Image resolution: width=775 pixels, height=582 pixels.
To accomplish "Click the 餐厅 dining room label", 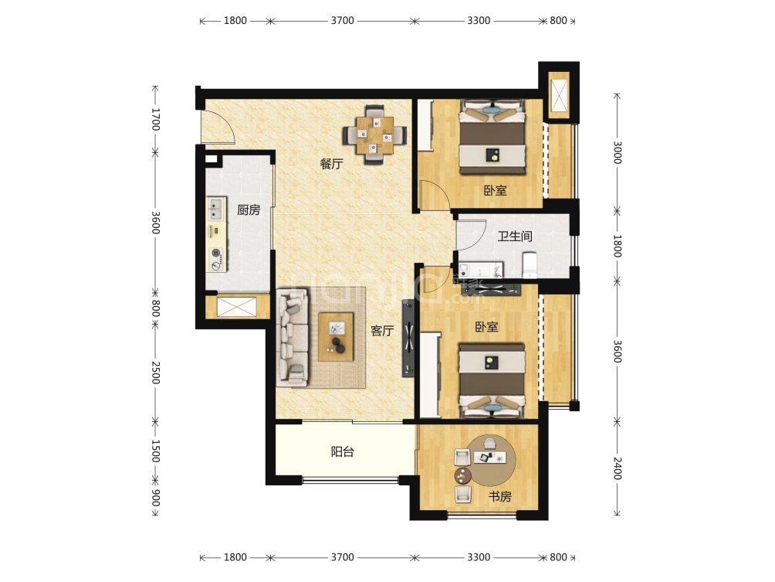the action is tap(331, 164).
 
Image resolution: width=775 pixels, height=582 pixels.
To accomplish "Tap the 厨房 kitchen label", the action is tap(248, 209).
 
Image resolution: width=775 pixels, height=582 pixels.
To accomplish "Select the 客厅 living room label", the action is tap(382, 331).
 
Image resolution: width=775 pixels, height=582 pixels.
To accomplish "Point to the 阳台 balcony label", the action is tap(343, 451).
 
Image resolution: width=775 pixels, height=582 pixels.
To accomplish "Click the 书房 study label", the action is tap(499, 496).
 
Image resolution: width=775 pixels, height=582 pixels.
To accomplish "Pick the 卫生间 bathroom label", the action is tap(515, 236).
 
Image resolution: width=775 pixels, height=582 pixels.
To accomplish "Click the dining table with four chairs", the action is tap(375, 134).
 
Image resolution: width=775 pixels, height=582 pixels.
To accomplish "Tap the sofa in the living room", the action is tap(293, 338).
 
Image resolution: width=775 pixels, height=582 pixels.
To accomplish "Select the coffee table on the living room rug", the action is tap(336, 336).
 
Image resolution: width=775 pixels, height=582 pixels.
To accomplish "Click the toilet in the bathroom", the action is tap(530, 266).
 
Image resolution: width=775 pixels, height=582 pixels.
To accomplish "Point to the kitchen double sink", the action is tap(215, 209).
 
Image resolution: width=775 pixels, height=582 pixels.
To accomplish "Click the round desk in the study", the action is tap(491, 461).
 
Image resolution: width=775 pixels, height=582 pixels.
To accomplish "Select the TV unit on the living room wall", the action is tap(408, 338).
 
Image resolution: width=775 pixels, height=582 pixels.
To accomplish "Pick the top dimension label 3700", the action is tap(343, 21).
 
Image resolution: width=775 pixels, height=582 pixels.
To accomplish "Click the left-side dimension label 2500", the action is tap(156, 373).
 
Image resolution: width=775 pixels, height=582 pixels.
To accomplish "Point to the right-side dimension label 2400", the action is tap(618, 468).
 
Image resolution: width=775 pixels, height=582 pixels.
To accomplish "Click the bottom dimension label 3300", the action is tap(479, 557).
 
